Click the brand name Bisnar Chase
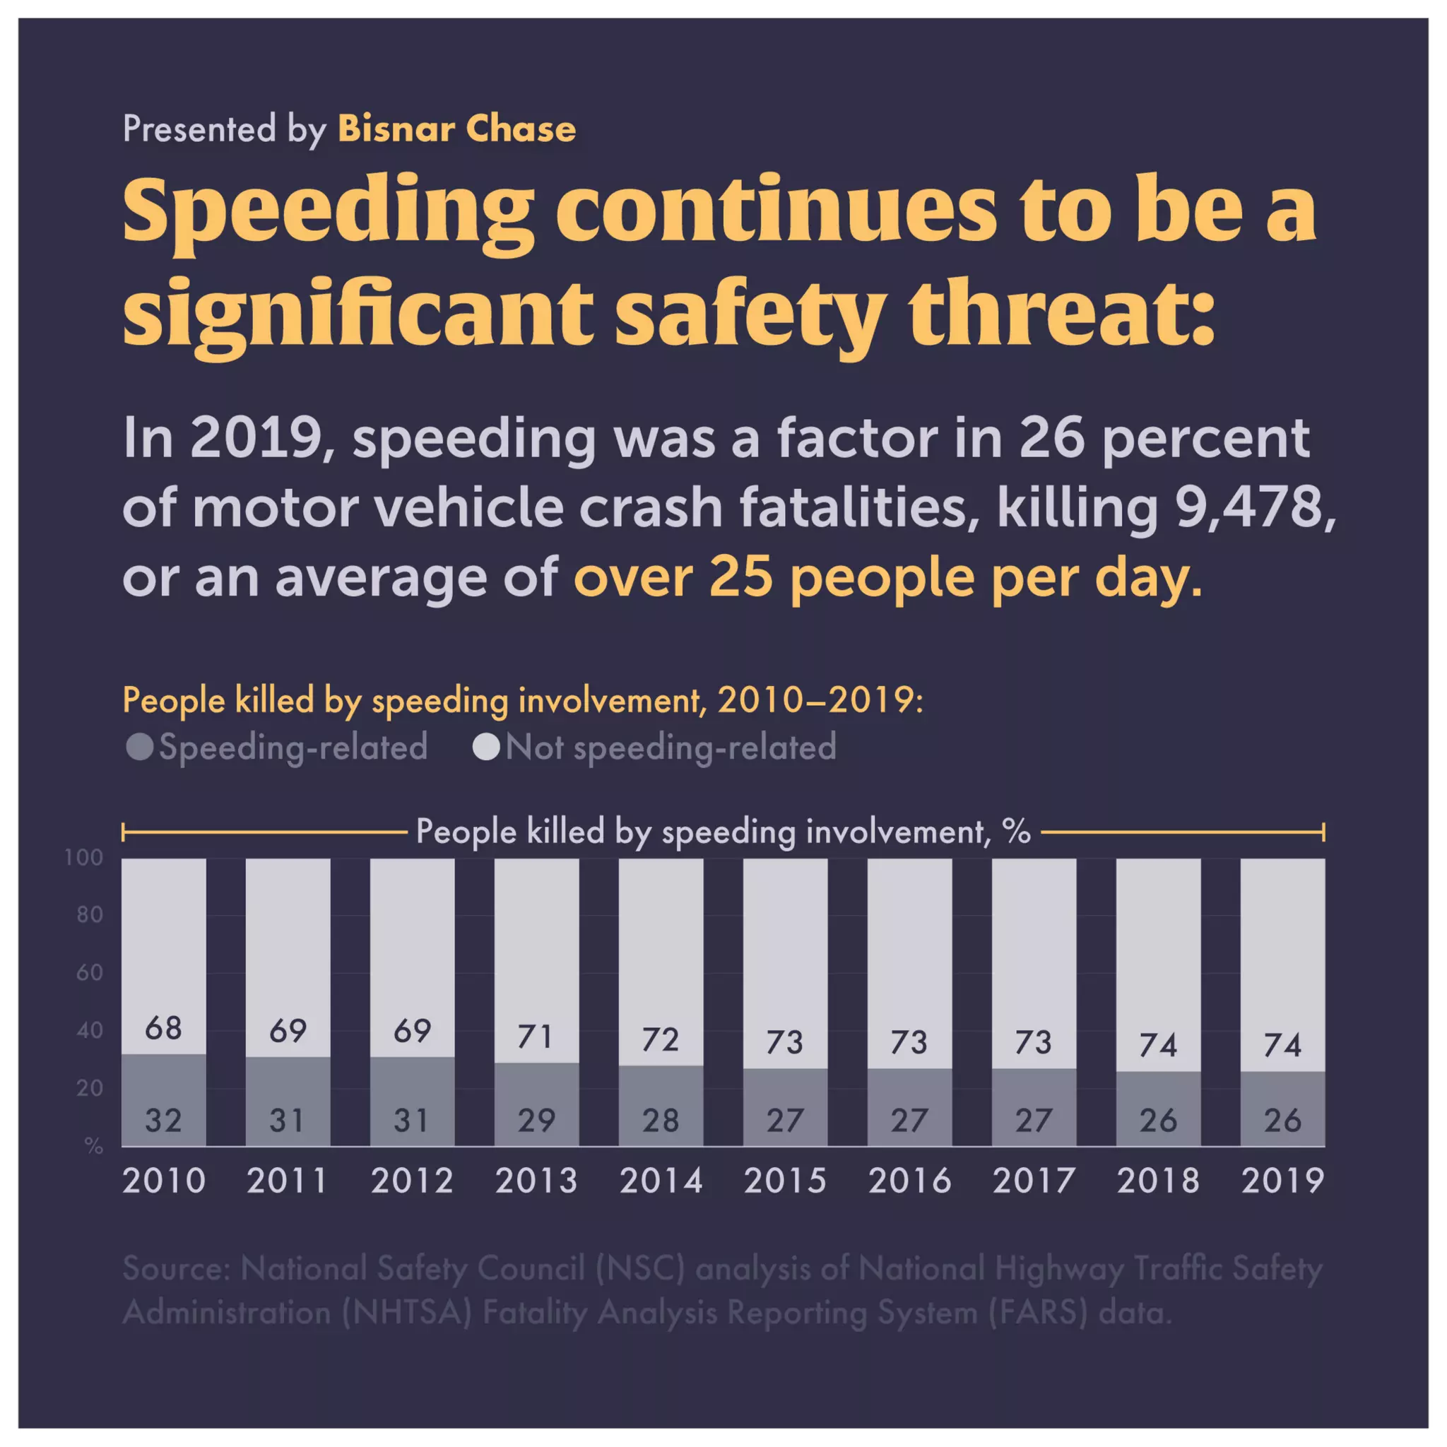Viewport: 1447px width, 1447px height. (457, 129)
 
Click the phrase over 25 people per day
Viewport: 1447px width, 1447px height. (887, 577)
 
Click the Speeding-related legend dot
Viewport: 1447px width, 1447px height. (140, 747)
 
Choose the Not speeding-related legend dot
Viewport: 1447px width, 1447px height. (486, 747)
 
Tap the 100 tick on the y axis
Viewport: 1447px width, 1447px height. (84, 858)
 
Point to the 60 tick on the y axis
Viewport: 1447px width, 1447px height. (89, 973)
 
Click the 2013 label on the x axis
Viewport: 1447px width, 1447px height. (536, 1181)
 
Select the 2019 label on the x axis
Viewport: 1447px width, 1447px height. (1282, 1181)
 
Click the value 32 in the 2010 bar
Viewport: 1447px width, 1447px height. (163, 1121)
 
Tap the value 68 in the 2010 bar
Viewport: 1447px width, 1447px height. (163, 1028)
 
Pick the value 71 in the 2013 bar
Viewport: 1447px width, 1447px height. (536, 1036)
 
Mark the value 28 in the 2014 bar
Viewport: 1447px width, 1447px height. (661, 1121)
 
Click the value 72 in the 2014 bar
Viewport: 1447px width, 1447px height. (661, 1039)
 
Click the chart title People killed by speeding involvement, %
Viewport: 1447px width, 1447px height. (723, 832)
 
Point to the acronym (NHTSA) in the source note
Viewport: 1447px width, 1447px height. (407, 1312)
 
